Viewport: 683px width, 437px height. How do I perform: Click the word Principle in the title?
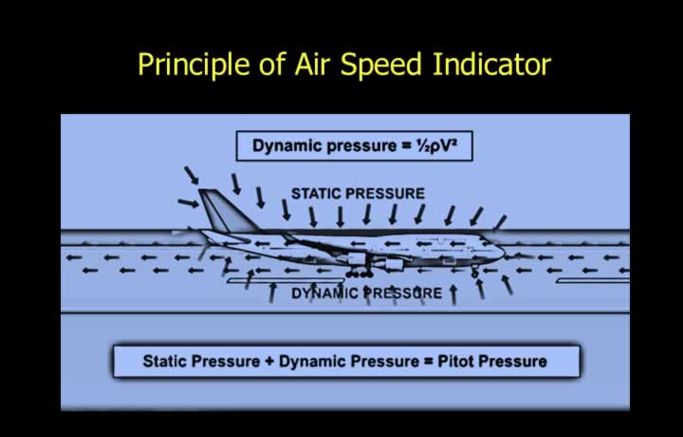pos(194,65)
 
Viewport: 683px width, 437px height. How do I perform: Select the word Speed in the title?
pos(380,65)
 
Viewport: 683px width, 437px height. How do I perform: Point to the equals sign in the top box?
pos(405,146)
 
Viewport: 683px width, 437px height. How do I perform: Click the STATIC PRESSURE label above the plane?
pos(358,194)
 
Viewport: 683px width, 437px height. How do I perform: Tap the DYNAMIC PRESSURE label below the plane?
pos(367,294)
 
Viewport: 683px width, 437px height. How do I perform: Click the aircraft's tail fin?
pos(227,210)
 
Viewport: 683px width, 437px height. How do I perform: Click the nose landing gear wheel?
pos(475,274)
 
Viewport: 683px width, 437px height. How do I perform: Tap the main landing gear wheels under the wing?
pos(360,275)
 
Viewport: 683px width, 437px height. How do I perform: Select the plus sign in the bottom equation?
pos(269,362)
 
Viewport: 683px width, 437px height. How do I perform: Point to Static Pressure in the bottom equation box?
pos(201,362)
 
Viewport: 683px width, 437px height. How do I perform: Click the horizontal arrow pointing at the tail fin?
pos(188,202)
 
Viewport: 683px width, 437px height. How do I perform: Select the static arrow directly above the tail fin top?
pos(192,175)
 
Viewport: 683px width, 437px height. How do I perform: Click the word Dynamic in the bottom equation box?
pos(312,362)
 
